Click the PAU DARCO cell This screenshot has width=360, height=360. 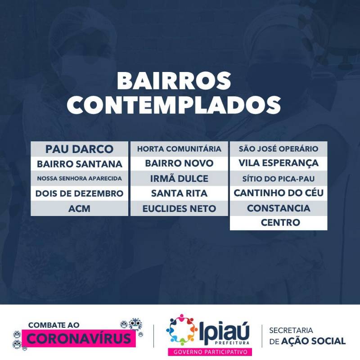[x=80, y=149]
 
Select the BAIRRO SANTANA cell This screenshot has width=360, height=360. [x=80, y=164]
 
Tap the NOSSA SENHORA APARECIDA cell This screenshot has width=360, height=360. [x=80, y=178]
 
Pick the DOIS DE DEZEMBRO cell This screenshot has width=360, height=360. [x=80, y=193]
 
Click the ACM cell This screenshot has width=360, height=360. [x=80, y=208]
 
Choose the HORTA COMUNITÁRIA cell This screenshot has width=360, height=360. [x=179, y=149]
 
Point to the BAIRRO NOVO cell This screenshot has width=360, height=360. [x=179, y=164]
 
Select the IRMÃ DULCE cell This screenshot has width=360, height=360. [x=179, y=178]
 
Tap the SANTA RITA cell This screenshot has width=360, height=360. [x=179, y=193]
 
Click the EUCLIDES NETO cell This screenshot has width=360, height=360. [x=179, y=208]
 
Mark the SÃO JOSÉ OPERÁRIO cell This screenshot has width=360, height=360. [x=279, y=149]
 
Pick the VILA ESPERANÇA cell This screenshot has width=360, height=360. [x=279, y=164]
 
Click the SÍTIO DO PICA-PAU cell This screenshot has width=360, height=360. [x=279, y=178]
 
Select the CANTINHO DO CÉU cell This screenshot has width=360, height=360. [x=279, y=193]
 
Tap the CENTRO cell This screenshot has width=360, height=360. [x=279, y=223]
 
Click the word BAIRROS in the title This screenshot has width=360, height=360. [x=174, y=81]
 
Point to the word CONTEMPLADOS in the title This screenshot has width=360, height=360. [x=174, y=105]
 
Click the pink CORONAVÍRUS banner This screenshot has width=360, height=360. [x=79, y=338]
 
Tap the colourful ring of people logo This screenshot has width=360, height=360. [x=182, y=330]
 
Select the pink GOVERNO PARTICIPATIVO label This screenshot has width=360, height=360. [x=210, y=352]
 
